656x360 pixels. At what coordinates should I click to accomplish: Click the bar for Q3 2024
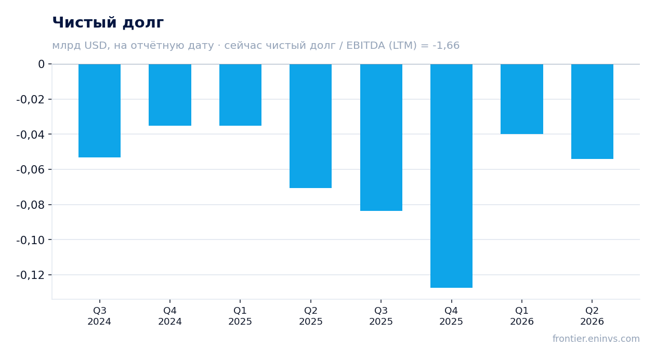point(100,111)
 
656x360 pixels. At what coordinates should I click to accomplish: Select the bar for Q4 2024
point(170,95)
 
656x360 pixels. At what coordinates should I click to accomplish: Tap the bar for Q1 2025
point(241,95)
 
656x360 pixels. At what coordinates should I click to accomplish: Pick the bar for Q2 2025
point(311,126)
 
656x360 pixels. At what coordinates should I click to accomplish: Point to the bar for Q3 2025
point(382,137)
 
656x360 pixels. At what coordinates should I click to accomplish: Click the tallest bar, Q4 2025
point(451,176)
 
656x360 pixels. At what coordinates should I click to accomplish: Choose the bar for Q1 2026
point(522,99)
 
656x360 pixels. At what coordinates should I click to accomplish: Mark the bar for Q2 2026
point(592,112)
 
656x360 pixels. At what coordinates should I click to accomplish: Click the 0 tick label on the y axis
point(41,64)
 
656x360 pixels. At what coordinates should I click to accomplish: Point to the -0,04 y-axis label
point(31,135)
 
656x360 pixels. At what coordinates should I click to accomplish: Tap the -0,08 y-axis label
point(31,205)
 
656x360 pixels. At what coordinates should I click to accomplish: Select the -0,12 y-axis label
point(31,275)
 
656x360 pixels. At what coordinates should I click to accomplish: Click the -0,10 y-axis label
point(31,240)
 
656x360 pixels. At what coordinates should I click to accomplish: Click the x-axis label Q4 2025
point(451,316)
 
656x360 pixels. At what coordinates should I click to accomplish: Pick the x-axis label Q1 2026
point(522,316)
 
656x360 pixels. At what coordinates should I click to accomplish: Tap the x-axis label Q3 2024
point(100,316)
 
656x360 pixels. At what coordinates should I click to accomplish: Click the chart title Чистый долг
point(108,23)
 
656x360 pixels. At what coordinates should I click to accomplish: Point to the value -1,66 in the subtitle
point(446,45)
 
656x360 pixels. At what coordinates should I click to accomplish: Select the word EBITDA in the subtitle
point(366,45)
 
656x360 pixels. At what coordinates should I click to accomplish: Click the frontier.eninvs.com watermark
point(596,339)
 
